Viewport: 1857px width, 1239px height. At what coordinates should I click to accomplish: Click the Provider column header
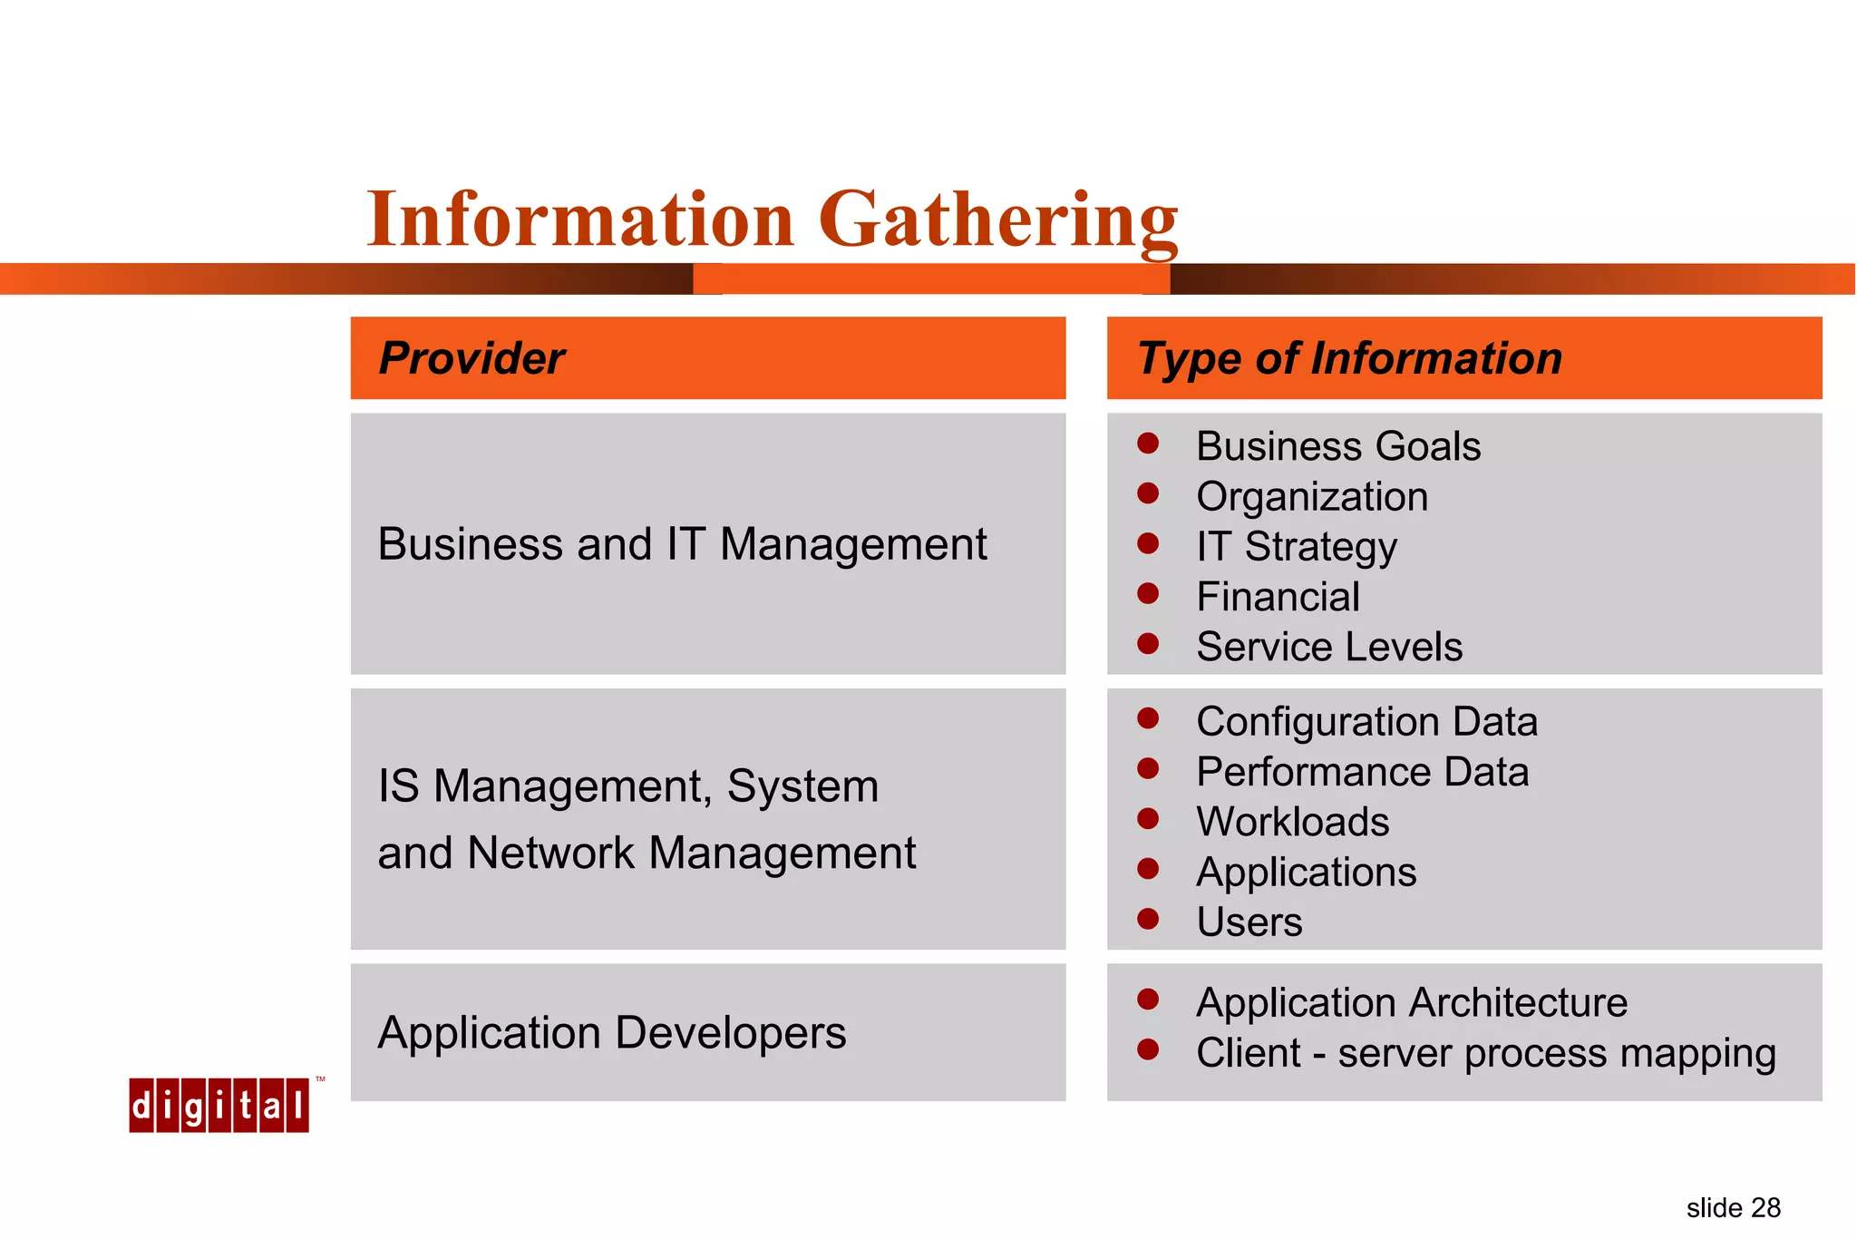click(472, 358)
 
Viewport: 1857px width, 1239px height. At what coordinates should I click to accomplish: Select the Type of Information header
click(1349, 358)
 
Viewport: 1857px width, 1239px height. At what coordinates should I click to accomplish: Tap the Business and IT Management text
click(682, 544)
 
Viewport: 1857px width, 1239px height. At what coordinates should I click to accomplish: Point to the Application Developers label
click(612, 1033)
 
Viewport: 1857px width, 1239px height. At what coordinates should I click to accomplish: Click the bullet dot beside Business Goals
click(1148, 444)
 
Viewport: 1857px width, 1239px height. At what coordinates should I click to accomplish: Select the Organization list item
click(1311, 497)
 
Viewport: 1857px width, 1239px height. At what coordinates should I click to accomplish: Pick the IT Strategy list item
click(1296, 547)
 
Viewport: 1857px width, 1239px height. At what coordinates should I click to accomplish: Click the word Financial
click(1278, 597)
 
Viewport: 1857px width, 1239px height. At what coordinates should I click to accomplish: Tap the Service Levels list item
click(1328, 647)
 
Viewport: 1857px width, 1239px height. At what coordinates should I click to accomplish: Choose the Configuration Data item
click(1366, 722)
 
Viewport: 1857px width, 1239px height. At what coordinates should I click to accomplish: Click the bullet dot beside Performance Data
click(1148, 769)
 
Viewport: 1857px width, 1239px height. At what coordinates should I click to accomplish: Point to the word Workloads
click(1292, 822)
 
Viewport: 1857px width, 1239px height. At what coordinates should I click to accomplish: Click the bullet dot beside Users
click(1148, 919)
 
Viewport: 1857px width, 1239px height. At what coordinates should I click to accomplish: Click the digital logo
click(219, 1106)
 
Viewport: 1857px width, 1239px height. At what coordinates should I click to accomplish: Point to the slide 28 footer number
click(1733, 1208)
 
